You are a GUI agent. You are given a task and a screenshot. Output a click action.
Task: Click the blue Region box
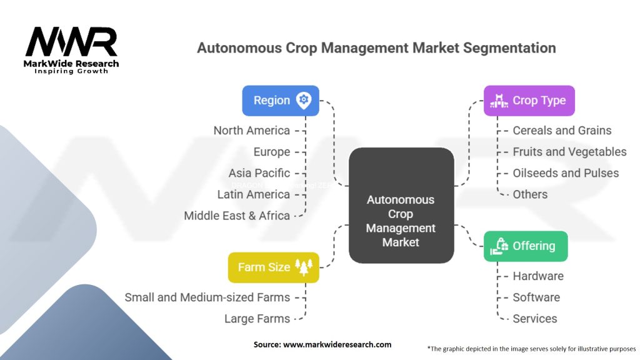(x=281, y=101)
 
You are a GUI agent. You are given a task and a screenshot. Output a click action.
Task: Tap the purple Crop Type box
(x=529, y=101)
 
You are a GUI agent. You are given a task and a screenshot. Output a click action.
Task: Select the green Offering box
(x=526, y=246)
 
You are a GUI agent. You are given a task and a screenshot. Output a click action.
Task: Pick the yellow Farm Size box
(x=274, y=267)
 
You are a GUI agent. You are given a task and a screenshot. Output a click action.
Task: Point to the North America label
(x=251, y=131)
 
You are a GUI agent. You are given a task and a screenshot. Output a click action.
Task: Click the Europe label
(x=271, y=152)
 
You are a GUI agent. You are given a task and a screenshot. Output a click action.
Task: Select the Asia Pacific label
(x=259, y=173)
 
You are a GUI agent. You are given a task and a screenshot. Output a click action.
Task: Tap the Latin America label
(x=253, y=194)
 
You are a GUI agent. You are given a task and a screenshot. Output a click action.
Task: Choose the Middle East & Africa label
(x=237, y=216)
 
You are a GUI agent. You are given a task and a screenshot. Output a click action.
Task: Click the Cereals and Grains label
(x=562, y=131)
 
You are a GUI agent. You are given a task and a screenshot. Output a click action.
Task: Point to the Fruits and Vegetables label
(x=569, y=152)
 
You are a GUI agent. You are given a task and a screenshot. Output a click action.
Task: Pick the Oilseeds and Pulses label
(x=566, y=173)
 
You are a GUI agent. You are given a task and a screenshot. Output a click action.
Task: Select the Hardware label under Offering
(x=538, y=276)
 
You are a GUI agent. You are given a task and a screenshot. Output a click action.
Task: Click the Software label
(x=536, y=297)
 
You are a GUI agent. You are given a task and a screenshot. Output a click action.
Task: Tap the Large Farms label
(x=257, y=319)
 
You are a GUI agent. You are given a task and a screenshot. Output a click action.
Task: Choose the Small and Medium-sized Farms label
(x=207, y=297)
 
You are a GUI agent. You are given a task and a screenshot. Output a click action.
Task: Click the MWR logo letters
(x=71, y=42)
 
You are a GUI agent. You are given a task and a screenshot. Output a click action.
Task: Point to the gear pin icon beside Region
(x=304, y=100)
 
